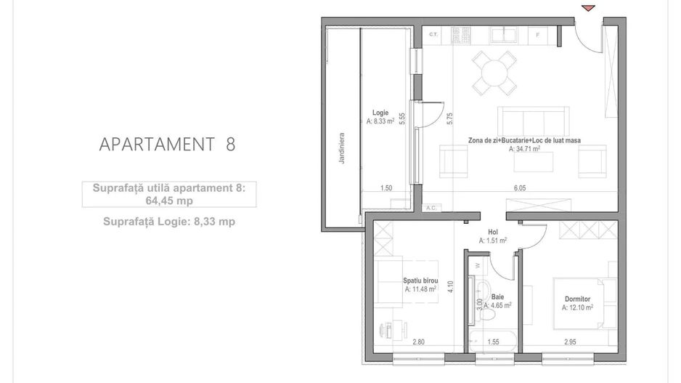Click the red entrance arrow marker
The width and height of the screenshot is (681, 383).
(589, 8)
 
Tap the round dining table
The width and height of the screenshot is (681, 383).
(494, 73)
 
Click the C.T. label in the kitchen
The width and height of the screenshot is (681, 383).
(433, 35)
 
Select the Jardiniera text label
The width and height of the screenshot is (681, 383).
(341, 149)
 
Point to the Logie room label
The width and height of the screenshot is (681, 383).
(380, 113)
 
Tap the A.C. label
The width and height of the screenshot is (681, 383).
(431, 207)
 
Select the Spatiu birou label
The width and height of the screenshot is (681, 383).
(420, 281)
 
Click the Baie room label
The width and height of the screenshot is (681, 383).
(497, 297)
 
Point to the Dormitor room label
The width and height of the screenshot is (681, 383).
(577, 299)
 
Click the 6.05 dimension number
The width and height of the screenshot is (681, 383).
(520, 188)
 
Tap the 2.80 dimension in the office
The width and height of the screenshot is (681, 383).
(419, 342)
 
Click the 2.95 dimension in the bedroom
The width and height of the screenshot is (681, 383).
(571, 342)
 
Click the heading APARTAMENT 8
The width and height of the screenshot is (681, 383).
(167, 144)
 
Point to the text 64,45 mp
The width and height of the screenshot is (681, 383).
(168, 201)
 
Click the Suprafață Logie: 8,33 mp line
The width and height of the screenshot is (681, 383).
(168, 222)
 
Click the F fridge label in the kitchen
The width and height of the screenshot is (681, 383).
(537, 35)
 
